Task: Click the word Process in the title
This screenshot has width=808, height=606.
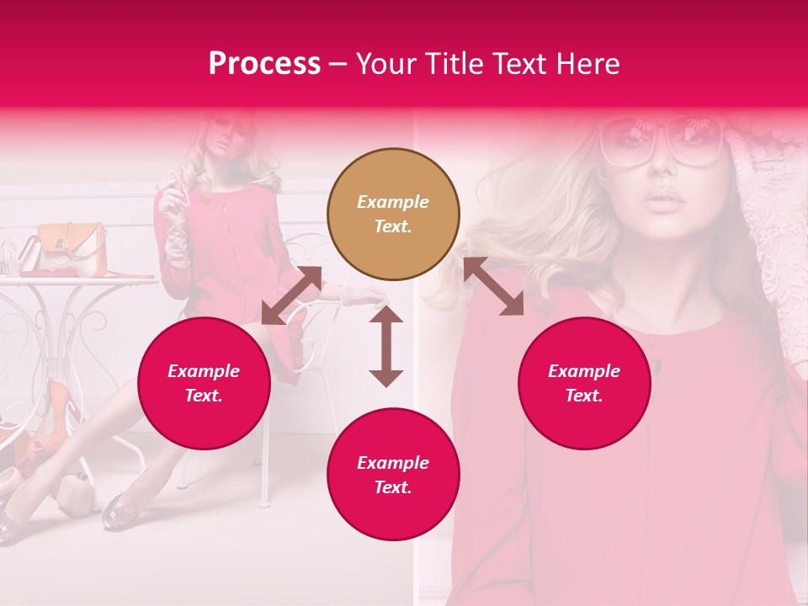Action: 264,64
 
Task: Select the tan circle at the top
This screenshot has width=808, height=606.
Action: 393,215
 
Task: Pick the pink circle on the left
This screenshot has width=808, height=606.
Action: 204,384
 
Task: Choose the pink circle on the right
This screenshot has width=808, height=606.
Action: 584,384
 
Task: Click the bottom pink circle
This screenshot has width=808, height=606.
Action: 393,475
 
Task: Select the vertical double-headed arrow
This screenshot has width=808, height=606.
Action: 386,346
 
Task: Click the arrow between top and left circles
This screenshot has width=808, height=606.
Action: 291,295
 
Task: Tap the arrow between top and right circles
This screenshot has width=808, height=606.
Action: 493,287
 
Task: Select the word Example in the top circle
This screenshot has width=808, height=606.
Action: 393,202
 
